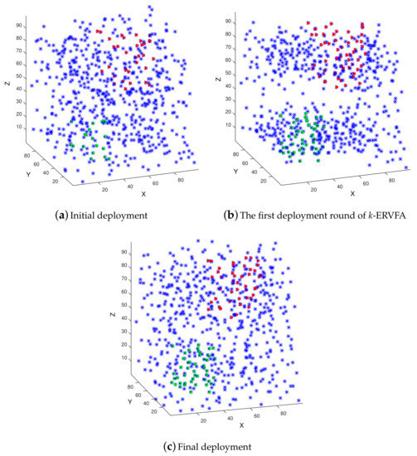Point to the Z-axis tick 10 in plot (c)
tap(139, 357)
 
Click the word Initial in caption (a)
tap(80, 218)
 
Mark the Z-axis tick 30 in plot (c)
tap(139, 330)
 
